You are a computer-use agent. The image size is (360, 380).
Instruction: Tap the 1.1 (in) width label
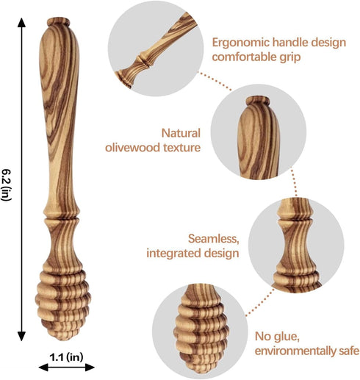(x=66, y=356)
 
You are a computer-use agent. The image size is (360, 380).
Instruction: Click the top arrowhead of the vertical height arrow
(x=21, y=23)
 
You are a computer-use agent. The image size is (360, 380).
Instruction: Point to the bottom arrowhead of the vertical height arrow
(x=21, y=336)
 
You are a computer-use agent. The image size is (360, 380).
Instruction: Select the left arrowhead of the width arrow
(x=43, y=367)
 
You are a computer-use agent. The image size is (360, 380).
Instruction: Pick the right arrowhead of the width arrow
(x=90, y=367)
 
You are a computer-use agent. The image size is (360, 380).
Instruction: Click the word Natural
(x=181, y=133)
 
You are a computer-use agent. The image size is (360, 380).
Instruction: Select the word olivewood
(x=133, y=148)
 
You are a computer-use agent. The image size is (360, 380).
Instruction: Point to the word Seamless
(x=213, y=239)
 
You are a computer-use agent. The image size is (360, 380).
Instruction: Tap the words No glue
(x=277, y=337)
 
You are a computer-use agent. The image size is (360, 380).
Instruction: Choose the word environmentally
(x=294, y=351)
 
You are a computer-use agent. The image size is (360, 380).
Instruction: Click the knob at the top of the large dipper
(x=58, y=21)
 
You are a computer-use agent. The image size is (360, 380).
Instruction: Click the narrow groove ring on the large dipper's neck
(x=62, y=218)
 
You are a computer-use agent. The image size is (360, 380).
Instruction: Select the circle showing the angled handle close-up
(x=156, y=49)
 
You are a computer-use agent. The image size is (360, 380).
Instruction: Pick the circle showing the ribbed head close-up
(x=200, y=332)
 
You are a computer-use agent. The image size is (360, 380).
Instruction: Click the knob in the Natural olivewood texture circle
(x=258, y=101)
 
